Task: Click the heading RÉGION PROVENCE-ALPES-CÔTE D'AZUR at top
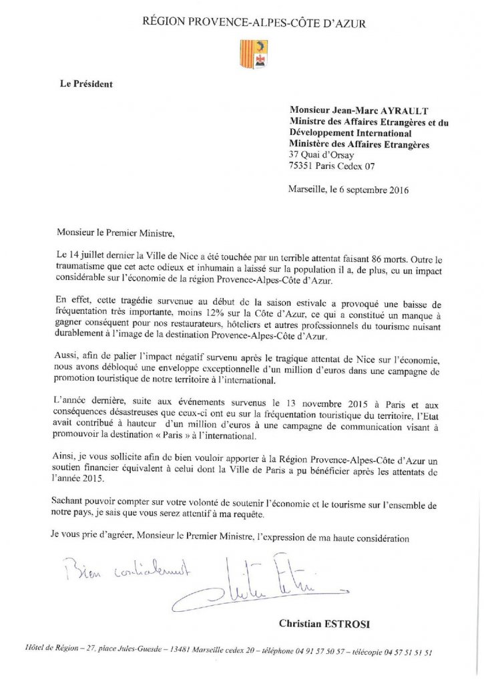tap(254, 23)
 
